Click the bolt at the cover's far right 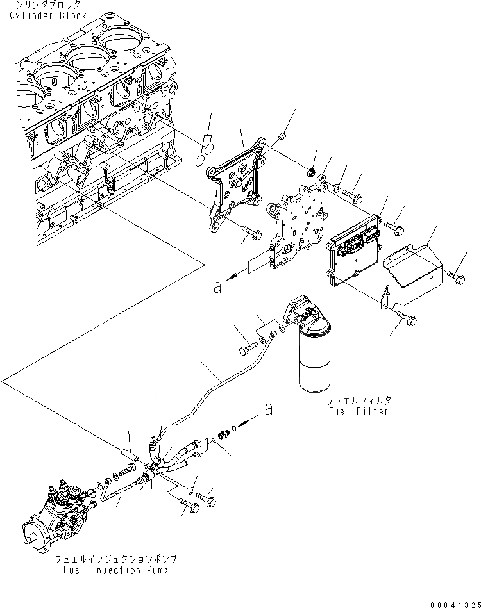point(458,277)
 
